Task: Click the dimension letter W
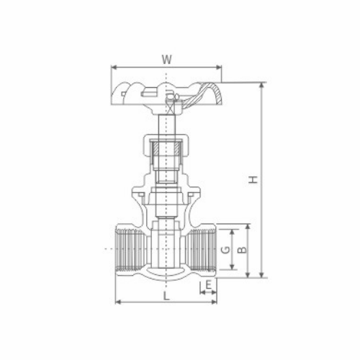(x=167, y=60)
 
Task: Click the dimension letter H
(x=253, y=179)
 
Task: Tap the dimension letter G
(x=225, y=250)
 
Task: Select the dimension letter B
(x=243, y=250)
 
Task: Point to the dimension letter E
(x=208, y=285)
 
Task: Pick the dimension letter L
(x=166, y=296)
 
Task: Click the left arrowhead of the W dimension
(x=114, y=67)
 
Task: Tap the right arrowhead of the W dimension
(x=218, y=67)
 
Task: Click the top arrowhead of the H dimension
(x=262, y=86)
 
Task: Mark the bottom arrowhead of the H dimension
(x=262, y=275)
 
